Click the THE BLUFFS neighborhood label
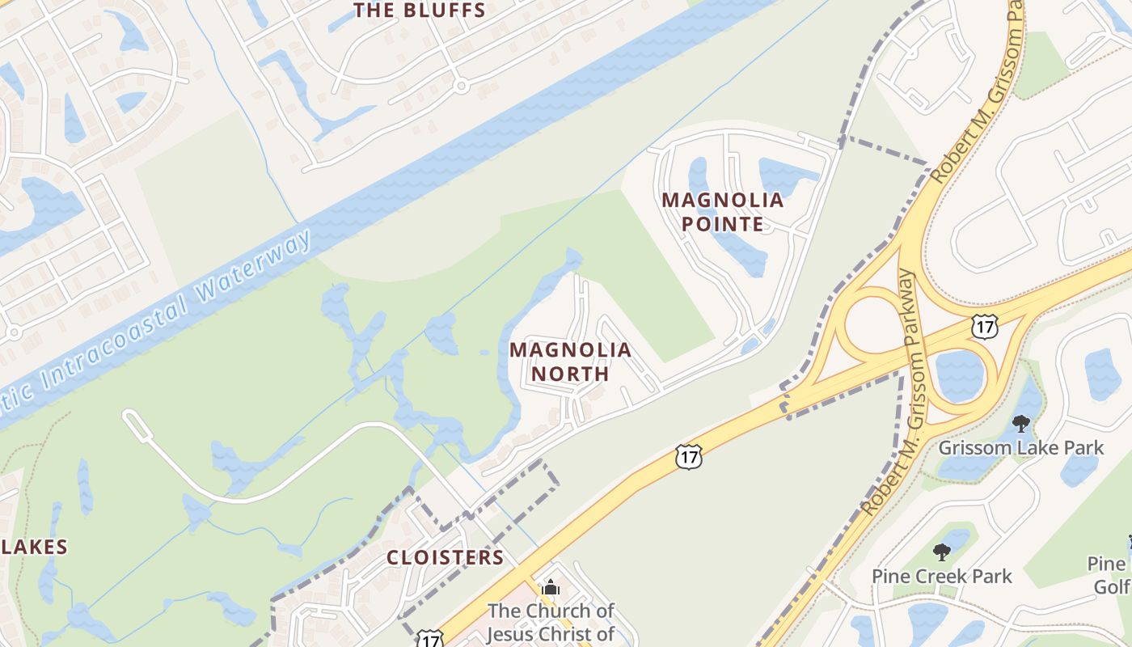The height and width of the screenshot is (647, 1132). pos(420,11)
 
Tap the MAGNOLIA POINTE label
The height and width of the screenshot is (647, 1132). pos(723,211)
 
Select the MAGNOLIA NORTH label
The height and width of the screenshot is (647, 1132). pos(570,362)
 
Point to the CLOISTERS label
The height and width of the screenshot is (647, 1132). pos(445,557)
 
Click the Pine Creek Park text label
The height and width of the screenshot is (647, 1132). pos(941,576)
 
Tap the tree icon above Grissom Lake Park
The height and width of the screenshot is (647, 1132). pos(1020,423)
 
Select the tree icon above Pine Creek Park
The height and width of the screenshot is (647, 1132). pos(941,552)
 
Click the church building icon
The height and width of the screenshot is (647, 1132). pos(551,587)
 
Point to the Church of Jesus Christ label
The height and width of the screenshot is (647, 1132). pos(550,621)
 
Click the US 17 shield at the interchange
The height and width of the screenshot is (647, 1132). pos(985,327)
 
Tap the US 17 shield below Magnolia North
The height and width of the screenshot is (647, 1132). pos(688,457)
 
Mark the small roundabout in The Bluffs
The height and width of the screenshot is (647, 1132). pos(461,85)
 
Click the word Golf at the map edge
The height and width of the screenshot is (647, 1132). pos(1112,586)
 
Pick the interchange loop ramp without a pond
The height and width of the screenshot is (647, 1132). pos(872,322)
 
